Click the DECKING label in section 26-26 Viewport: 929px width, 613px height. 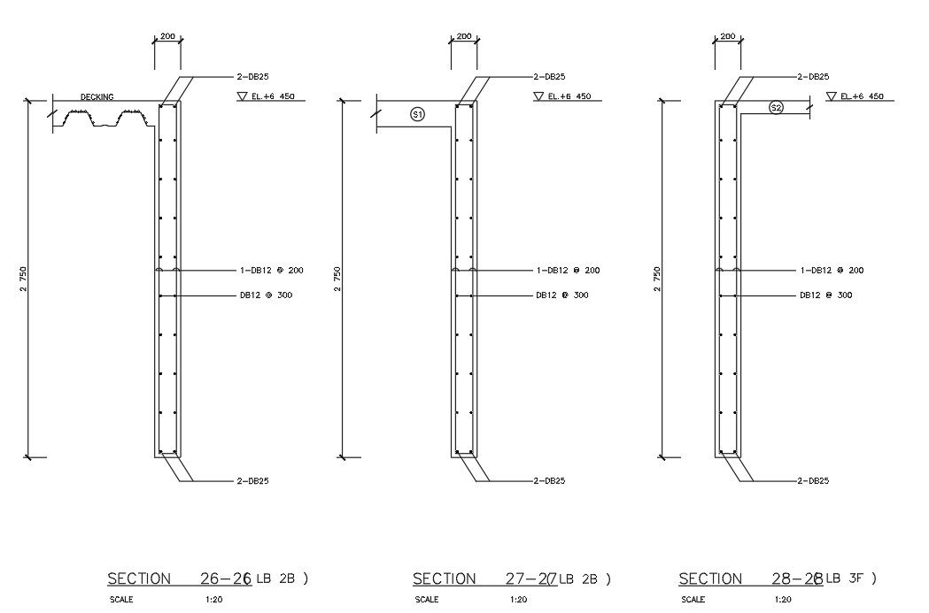[97, 97]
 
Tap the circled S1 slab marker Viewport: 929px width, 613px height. [418, 113]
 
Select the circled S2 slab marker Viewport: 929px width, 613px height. [776, 107]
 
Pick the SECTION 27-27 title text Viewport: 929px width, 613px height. [484, 579]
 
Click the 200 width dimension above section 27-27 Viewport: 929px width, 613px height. [463, 37]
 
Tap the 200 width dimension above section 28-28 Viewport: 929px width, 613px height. [727, 37]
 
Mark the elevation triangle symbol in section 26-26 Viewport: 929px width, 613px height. [242, 96]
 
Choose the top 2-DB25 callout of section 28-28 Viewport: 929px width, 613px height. [812, 77]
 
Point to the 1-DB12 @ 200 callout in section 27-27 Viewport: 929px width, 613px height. [568, 271]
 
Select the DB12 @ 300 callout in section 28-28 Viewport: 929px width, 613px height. [825, 295]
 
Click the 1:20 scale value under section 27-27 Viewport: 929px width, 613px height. [520, 600]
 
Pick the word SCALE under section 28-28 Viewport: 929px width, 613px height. [693, 600]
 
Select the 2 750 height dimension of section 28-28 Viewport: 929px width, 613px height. [656, 280]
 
